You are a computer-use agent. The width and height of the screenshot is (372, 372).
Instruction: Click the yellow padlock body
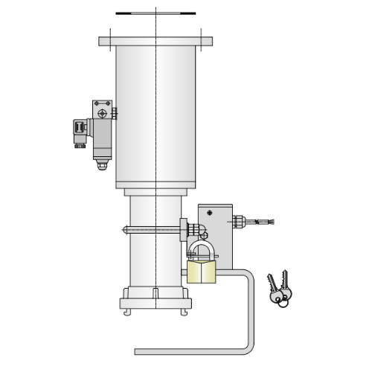(202, 272)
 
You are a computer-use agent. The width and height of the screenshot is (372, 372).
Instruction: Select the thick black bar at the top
(155, 13)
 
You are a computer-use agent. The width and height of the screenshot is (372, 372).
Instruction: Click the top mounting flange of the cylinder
(155, 42)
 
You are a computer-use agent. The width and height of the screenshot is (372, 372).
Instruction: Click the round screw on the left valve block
(102, 113)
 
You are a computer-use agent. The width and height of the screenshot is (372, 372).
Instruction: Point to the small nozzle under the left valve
(102, 165)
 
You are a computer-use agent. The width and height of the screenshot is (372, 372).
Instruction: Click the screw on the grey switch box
(209, 214)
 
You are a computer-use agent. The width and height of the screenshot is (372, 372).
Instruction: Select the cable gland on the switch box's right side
(239, 221)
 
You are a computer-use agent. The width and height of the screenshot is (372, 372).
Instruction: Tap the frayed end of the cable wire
(270, 222)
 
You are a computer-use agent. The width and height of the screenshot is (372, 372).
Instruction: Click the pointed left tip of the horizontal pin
(124, 229)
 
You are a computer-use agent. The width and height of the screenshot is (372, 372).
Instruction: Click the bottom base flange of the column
(155, 304)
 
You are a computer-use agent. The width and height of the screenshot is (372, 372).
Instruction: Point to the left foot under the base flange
(127, 312)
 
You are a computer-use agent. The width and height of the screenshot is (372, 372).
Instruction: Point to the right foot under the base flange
(184, 312)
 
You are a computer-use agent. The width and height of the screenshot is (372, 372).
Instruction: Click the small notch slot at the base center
(155, 292)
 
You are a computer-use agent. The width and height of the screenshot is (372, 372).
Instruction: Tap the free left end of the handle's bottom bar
(138, 351)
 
